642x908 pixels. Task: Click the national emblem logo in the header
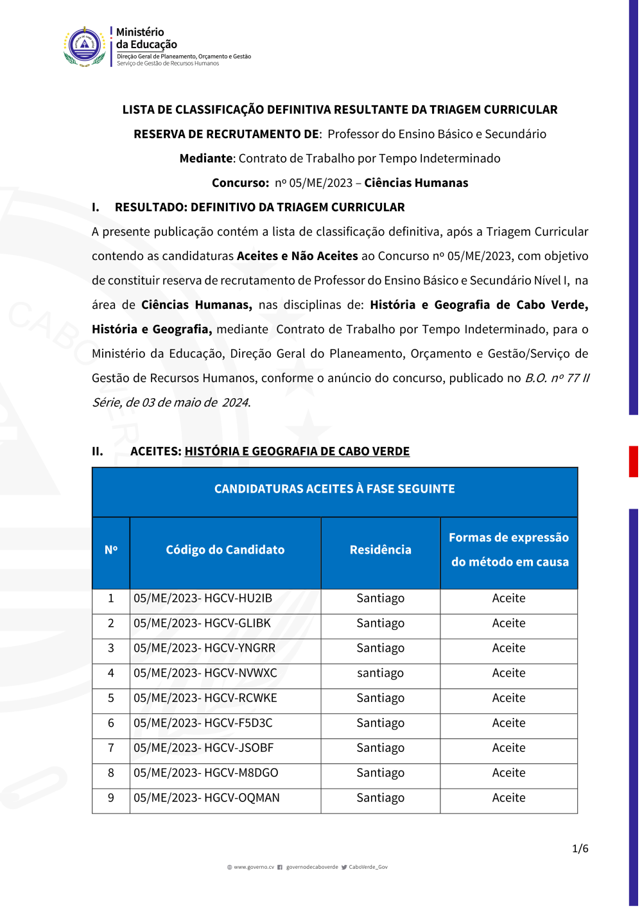[85, 46]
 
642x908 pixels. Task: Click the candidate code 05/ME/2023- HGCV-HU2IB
[203, 598]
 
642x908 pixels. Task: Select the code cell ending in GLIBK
[202, 624]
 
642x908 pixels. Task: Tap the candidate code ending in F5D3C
[203, 724]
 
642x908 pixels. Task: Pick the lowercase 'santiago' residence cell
[380, 674]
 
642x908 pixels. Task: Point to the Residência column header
[380, 550]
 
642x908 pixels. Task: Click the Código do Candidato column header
[225, 550]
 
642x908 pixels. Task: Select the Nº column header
[111, 550]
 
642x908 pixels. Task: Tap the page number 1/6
[580, 849]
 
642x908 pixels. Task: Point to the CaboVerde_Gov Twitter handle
[368, 868]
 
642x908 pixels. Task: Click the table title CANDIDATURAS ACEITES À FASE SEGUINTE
[334, 489]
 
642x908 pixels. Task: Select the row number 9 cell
[111, 798]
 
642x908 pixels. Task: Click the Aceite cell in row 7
[508, 748]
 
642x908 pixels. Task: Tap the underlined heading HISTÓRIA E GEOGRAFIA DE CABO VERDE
[297, 451]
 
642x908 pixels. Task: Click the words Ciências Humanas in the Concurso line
[416, 183]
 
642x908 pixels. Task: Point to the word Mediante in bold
[206, 159]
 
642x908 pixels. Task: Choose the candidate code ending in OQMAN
[207, 798]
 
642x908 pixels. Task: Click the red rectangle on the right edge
[633, 462]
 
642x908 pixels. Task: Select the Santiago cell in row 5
[380, 699]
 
